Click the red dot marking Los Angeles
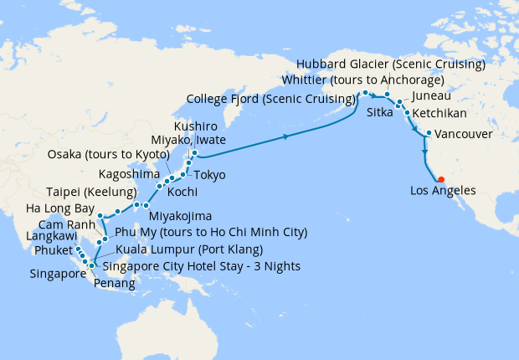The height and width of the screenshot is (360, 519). [441, 178]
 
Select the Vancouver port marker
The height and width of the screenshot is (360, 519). [428, 133]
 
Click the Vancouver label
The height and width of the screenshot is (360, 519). [464, 134]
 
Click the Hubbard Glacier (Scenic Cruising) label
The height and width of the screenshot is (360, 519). [390, 64]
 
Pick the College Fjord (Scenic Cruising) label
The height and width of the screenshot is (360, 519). [269, 99]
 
